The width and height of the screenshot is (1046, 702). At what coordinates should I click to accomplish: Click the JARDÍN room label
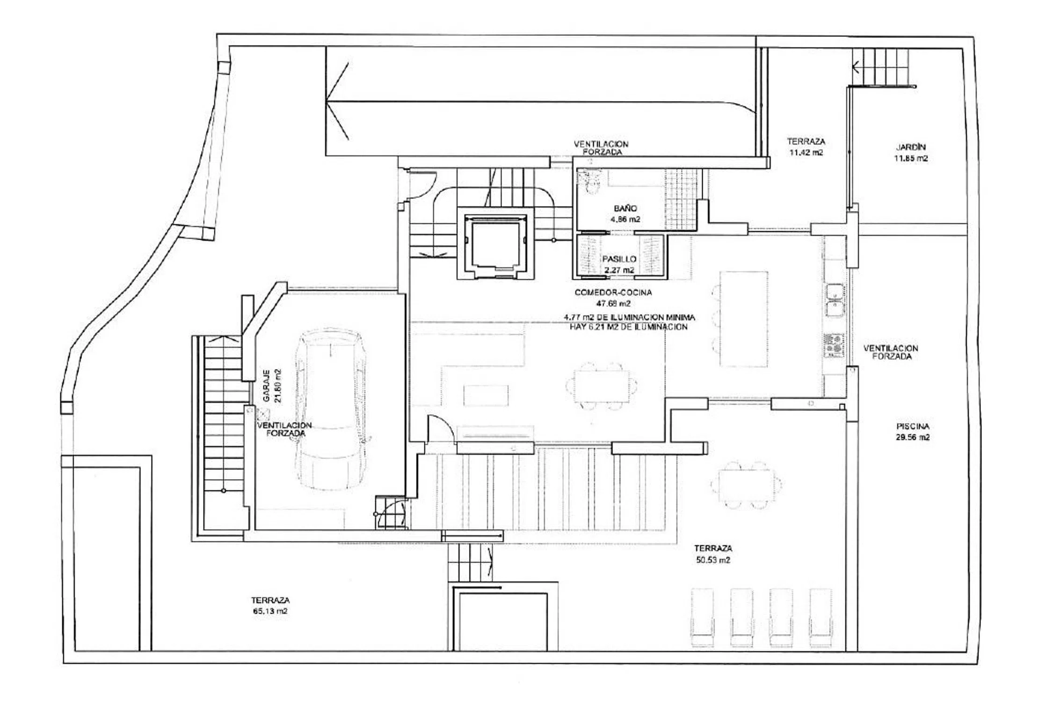coord(911,147)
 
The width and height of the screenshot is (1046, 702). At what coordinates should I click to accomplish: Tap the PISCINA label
coord(913,426)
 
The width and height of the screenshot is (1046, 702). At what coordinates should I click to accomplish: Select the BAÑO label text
coord(625,208)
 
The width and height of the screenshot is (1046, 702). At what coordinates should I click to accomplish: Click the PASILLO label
coord(619,259)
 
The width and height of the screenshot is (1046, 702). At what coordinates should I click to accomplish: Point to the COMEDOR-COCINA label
coord(613,292)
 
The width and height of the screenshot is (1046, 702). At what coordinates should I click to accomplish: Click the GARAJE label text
coord(266,386)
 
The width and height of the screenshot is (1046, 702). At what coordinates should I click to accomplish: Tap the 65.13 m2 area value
coord(270,611)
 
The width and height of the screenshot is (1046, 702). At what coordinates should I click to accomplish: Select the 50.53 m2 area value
coord(713,560)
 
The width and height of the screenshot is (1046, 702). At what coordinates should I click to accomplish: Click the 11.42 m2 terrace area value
coord(806,153)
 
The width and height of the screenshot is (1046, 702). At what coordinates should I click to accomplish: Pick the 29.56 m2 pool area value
coord(913,438)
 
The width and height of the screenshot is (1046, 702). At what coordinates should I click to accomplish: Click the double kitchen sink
coord(835,300)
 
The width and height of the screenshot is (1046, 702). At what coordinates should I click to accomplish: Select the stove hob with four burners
coord(834,345)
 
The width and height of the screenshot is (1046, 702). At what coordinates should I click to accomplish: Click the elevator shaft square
coord(495,243)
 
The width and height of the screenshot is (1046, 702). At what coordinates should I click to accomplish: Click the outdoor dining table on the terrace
coord(746,485)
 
